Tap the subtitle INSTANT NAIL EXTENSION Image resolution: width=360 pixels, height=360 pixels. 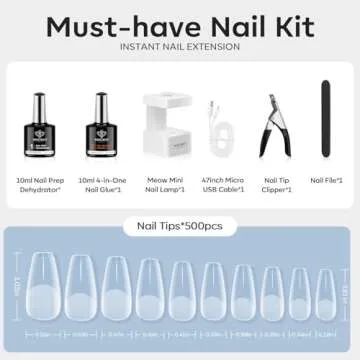pos(179,47)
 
